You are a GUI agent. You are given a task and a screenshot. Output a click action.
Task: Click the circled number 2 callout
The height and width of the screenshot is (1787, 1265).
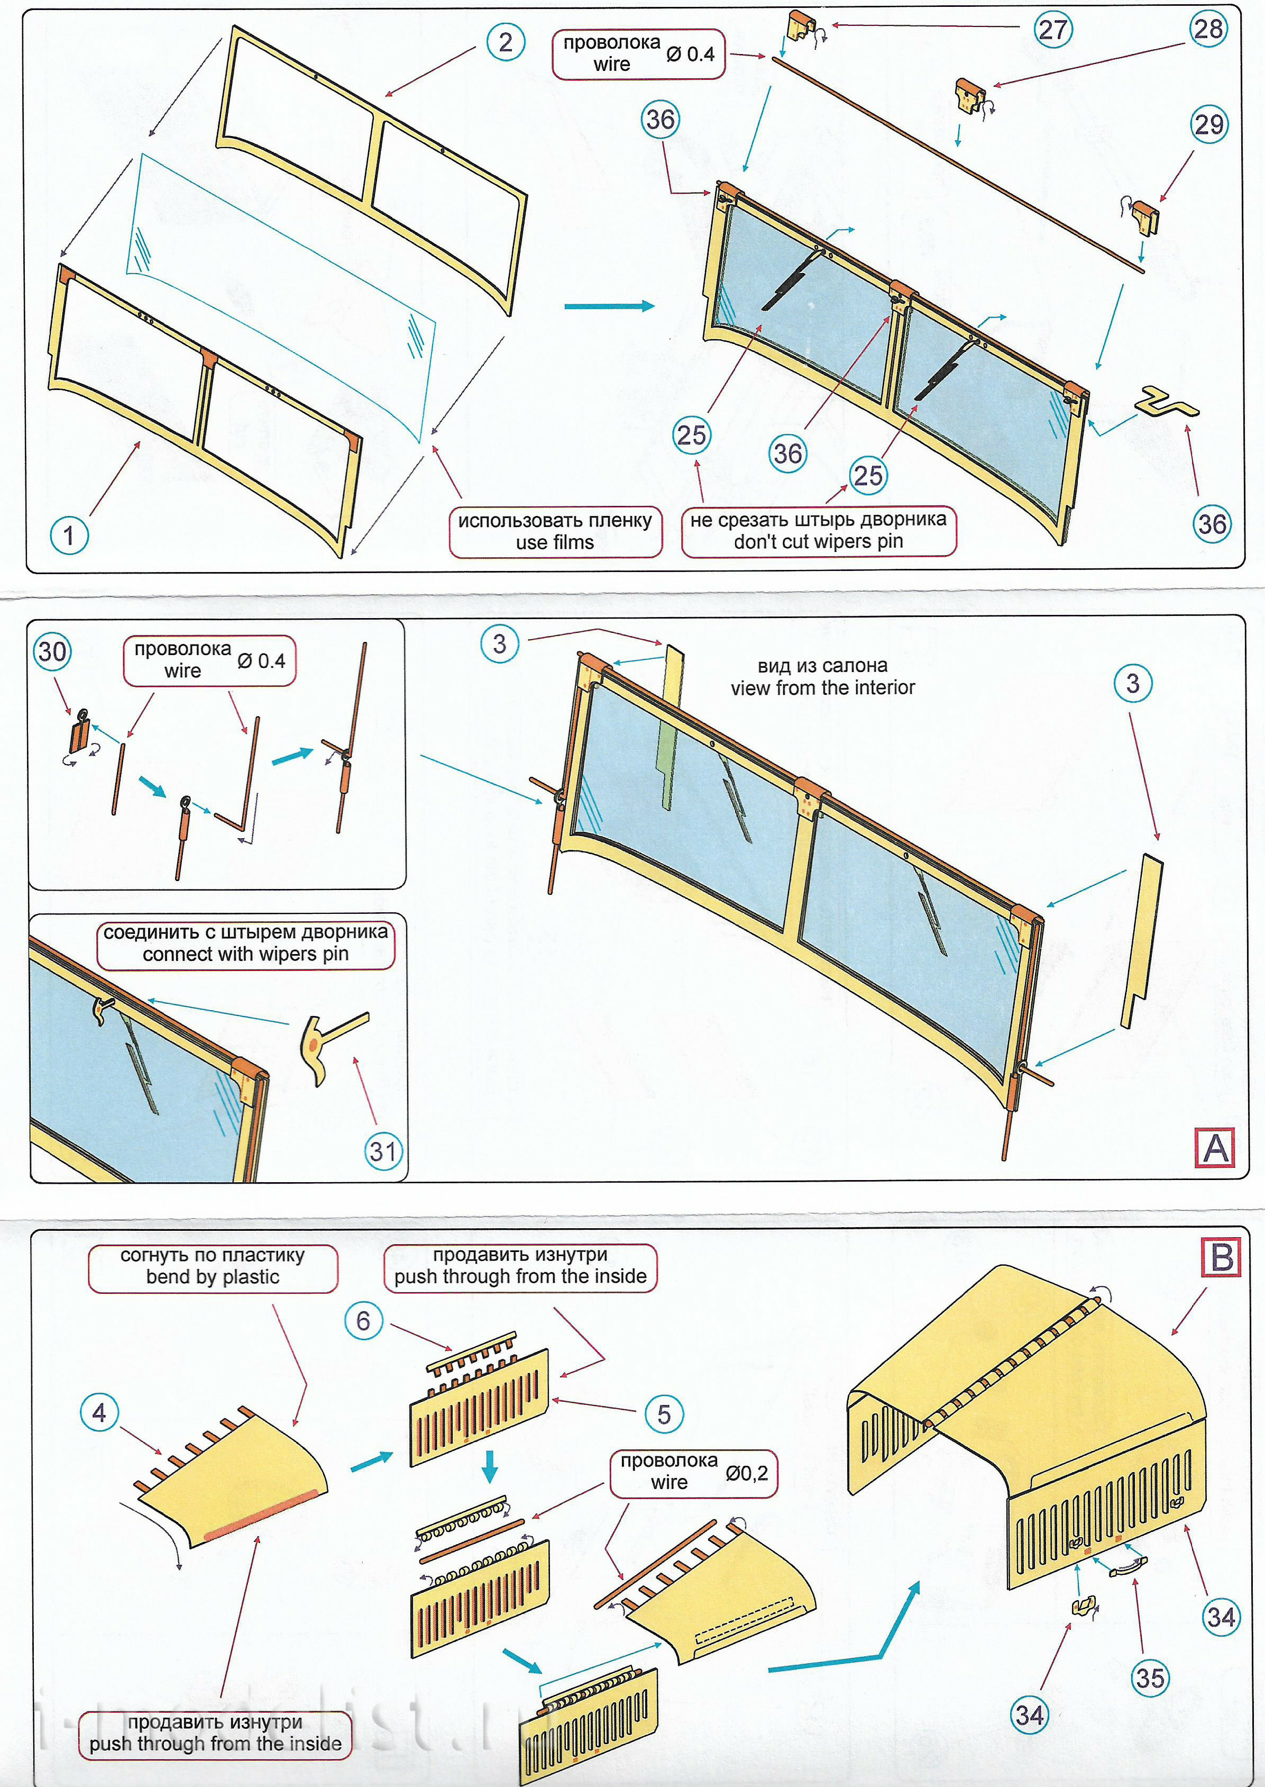pos(506,42)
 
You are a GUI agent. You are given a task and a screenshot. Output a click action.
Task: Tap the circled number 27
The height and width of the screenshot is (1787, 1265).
pos(1052,30)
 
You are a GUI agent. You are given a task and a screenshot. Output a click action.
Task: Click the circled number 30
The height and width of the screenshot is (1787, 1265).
pos(52,651)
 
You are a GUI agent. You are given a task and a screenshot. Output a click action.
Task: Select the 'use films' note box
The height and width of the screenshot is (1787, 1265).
pos(555,531)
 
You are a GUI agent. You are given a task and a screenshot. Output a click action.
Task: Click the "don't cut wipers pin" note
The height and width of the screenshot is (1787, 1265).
pos(818,531)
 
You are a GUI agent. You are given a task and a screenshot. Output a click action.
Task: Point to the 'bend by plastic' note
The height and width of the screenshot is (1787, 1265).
pos(212,1266)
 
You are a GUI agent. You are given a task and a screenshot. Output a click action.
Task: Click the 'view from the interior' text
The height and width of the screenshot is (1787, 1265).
pos(822,676)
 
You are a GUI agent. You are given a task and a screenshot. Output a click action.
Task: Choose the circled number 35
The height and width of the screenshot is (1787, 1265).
pos(1150,1678)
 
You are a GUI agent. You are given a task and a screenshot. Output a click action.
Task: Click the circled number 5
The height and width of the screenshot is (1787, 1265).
pos(664,1414)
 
